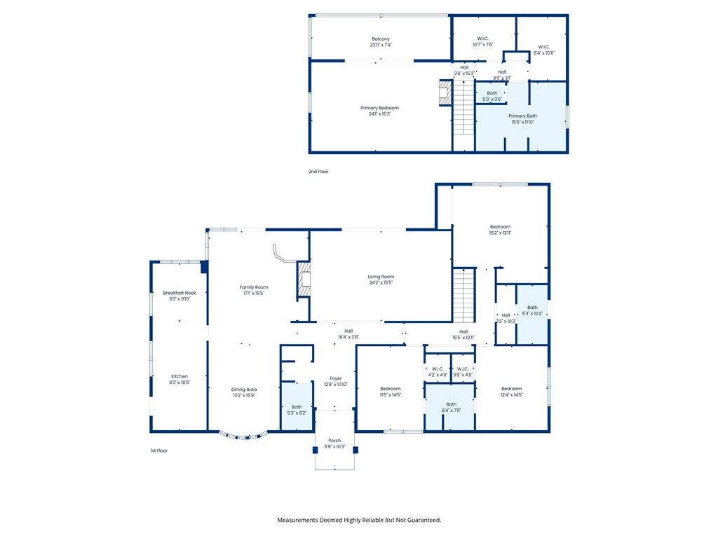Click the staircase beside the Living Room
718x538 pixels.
tap(463, 295)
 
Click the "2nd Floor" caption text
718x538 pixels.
tap(318, 171)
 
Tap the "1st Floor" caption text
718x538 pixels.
tap(159, 450)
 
